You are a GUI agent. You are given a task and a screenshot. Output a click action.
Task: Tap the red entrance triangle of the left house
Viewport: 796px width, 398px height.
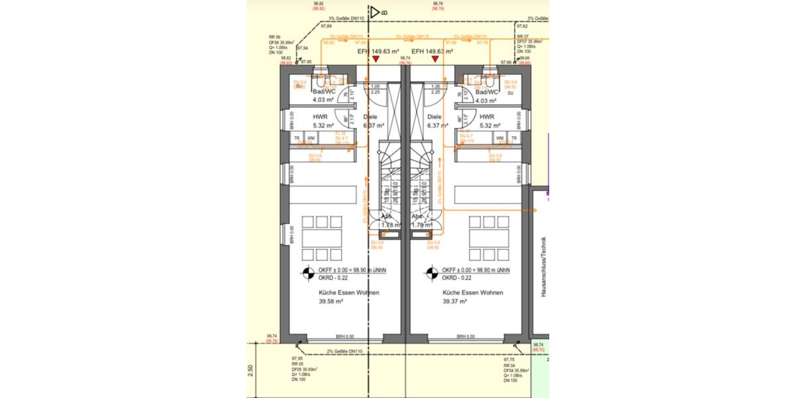[376, 60]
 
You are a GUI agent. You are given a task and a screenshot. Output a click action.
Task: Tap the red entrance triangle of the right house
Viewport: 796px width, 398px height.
[435, 60]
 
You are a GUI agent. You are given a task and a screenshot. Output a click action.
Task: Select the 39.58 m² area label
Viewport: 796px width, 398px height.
[330, 301]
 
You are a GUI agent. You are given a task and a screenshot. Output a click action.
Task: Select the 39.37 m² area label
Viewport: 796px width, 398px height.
[455, 301]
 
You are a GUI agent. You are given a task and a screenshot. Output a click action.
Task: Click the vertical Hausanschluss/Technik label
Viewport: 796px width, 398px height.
[543, 266]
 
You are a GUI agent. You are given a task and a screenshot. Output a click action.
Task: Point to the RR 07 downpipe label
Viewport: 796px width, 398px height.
[523, 36]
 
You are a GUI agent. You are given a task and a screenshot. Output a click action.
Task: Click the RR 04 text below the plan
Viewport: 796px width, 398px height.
[509, 365]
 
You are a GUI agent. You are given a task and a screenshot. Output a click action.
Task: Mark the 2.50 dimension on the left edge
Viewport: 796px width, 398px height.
[250, 369]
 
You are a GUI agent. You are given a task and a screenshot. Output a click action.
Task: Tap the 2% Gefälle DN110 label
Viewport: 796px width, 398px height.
[347, 352]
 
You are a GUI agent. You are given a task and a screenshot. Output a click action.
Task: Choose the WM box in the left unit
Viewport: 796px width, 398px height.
[310, 138]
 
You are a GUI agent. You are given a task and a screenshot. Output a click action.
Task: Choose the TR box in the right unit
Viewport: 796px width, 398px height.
[513, 138]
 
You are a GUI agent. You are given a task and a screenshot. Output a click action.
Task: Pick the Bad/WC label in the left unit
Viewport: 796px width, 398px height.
[325, 92]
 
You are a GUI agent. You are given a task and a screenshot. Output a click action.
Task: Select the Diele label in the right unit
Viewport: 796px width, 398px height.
[435, 116]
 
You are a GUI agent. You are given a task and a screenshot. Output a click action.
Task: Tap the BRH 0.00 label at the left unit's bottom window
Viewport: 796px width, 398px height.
[345, 336]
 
